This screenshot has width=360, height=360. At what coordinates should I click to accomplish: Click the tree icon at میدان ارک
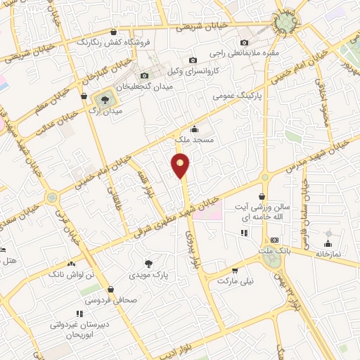click(104, 99)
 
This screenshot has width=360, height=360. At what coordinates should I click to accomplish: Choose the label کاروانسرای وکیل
click(218, 71)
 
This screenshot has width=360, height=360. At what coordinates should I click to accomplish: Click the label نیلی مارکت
click(233, 281)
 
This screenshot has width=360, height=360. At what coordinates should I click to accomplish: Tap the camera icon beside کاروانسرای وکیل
click(193, 61)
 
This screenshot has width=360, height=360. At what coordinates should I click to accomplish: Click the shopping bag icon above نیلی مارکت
click(234, 270)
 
